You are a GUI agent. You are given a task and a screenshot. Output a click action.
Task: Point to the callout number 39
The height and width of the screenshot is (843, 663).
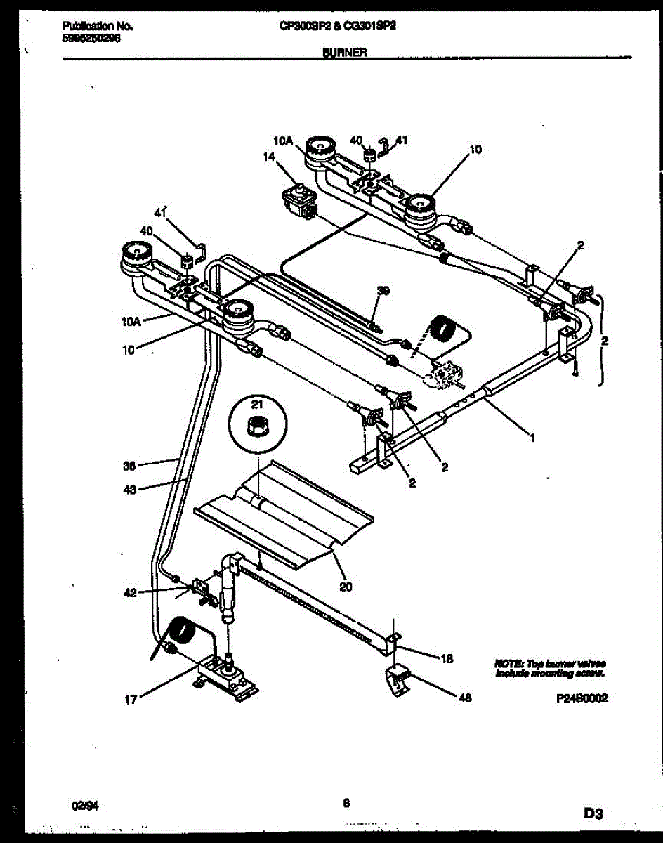[x=383, y=290]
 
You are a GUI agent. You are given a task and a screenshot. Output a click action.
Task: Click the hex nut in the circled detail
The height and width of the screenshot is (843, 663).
[x=257, y=426]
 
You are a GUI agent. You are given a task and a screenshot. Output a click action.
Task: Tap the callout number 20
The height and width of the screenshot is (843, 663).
[x=345, y=587]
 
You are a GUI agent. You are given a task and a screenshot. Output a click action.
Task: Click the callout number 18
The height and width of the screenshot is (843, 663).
[x=447, y=658]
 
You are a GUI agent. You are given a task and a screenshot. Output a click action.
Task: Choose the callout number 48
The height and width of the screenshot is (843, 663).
[x=464, y=698]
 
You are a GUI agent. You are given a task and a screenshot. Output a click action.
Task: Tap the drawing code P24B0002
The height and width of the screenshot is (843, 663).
[x=580, y=699]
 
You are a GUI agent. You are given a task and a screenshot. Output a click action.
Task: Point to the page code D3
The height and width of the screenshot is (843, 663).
[x=593, y=813]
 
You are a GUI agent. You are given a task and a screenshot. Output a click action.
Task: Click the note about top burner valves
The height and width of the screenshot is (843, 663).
[x=550, y=668]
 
